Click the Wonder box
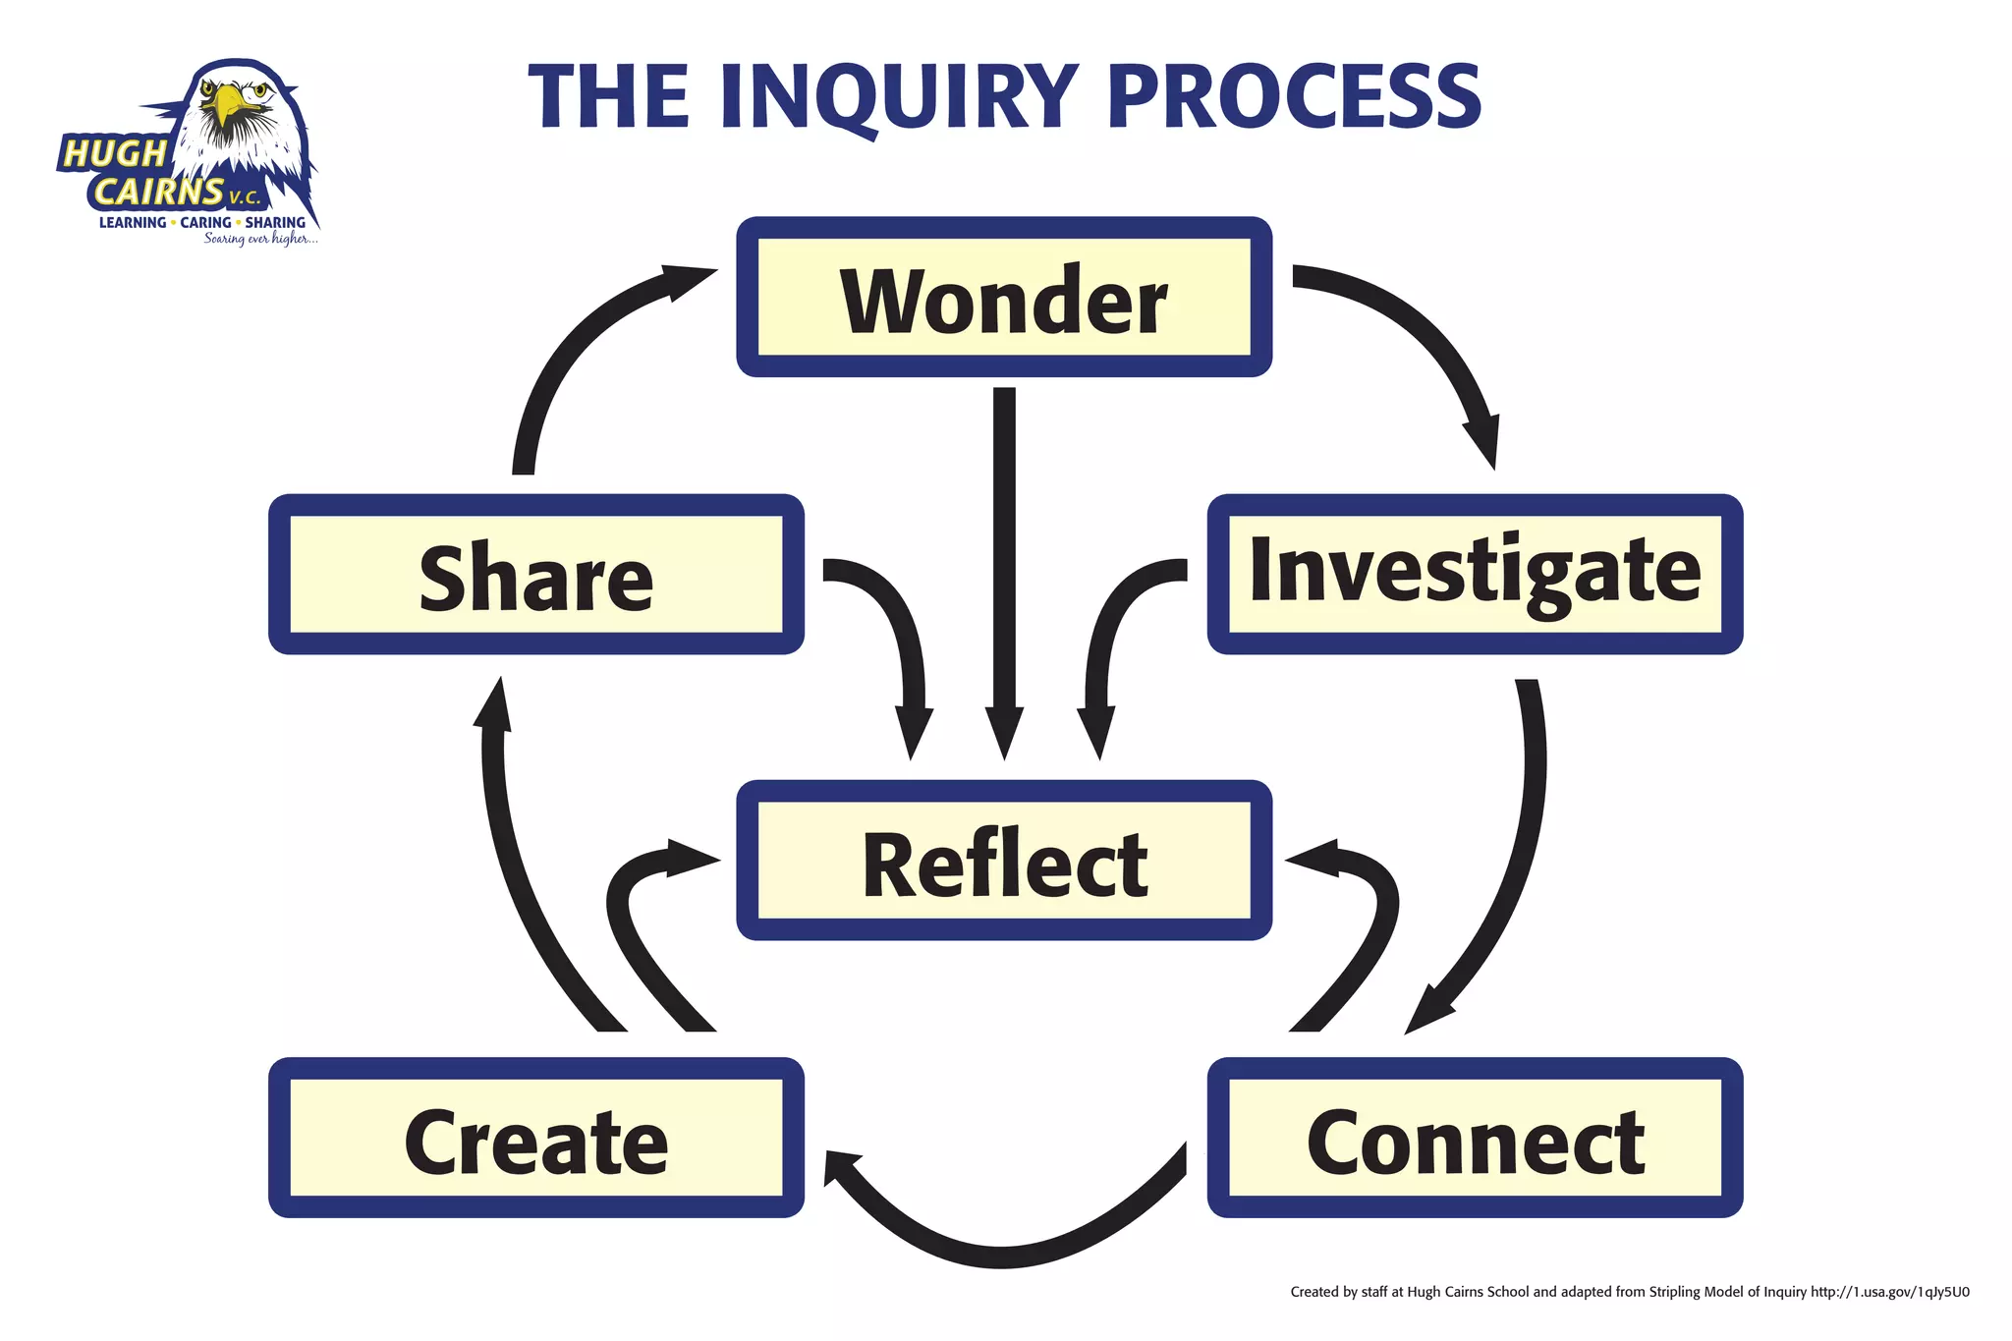coord(1004,298)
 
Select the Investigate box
coord(1474,574)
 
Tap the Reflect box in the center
coord(1004,861)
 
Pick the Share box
coord(536,574)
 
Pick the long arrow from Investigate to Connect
coord(1518,865)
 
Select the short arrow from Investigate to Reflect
coord(1110,629)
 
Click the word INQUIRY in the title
coord(899,96)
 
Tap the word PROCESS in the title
coord(1295,96)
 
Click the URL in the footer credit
coord(1889,1292)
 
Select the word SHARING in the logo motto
coord(275,223)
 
